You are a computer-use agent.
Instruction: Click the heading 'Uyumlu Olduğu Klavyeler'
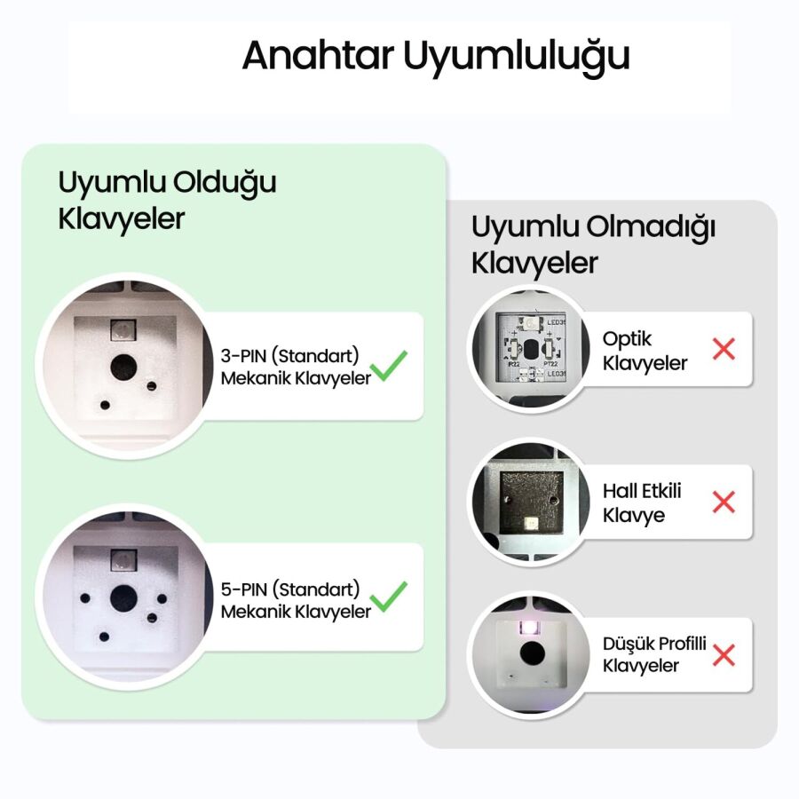pos(167,200)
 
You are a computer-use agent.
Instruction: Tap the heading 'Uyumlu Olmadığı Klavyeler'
pos(593,245)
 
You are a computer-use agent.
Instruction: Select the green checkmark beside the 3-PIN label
pos(389,365)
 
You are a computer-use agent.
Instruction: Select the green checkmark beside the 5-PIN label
pos(389,596)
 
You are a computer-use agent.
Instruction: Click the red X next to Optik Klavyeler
pos(724,349)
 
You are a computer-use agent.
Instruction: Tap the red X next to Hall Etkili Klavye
pos(724,502)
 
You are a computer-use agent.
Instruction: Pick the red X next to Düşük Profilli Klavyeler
pos(724,655)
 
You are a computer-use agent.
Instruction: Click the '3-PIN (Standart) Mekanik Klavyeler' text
pos(295,367)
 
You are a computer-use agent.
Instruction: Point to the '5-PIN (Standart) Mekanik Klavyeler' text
pos(295,599)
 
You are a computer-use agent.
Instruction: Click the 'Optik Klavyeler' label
pos(645,351)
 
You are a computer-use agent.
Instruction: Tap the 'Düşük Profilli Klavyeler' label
pos(654,654)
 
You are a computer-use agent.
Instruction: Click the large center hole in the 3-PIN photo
pos(123,366)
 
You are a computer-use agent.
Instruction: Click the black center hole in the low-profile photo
pos(532,653)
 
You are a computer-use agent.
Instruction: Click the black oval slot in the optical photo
pos(531,347)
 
